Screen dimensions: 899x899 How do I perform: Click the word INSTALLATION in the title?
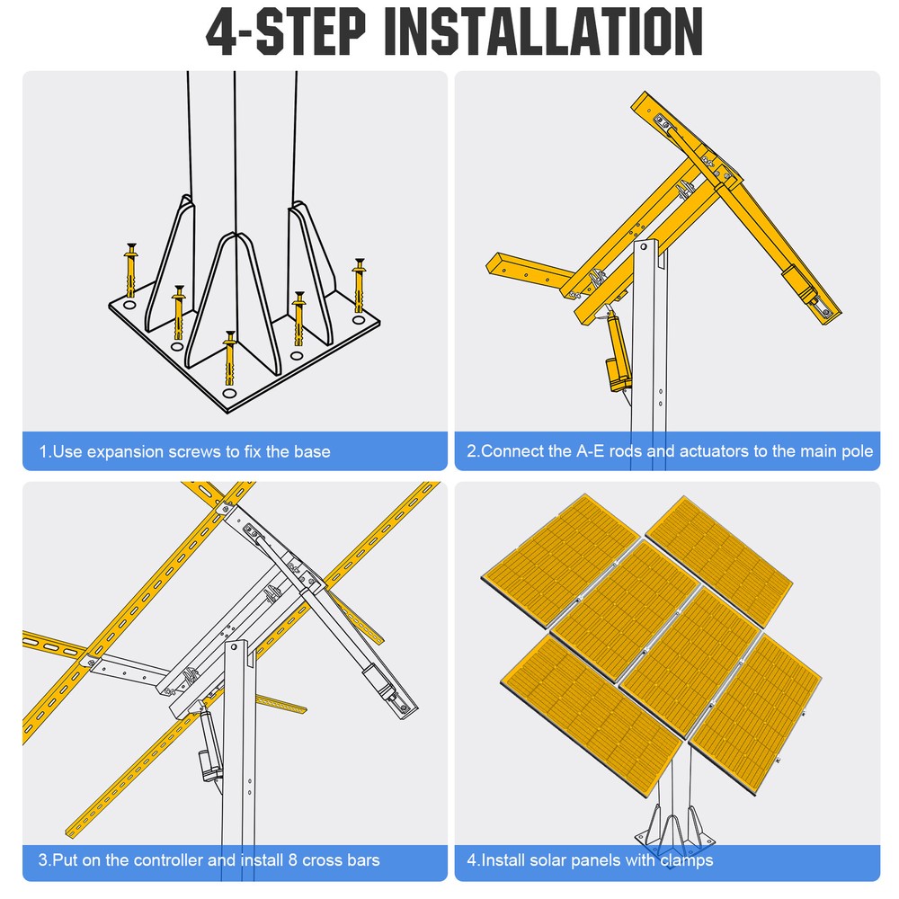[x=548, y=32]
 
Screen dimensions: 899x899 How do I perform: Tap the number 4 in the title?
[x=221, y=32]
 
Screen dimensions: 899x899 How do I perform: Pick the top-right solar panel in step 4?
[x=719, y=557]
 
